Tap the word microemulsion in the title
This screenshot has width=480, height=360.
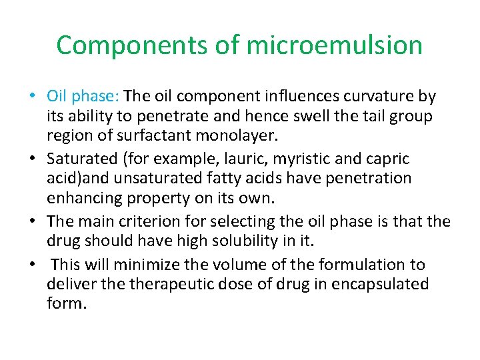(334, 45)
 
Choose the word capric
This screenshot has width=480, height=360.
(388, 159)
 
